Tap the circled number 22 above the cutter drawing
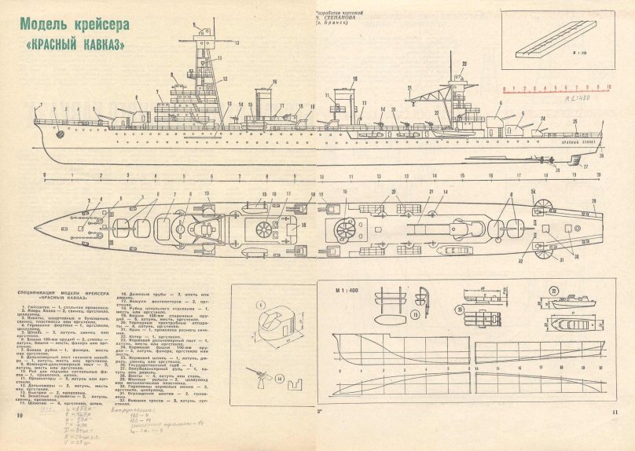[553, 289]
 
